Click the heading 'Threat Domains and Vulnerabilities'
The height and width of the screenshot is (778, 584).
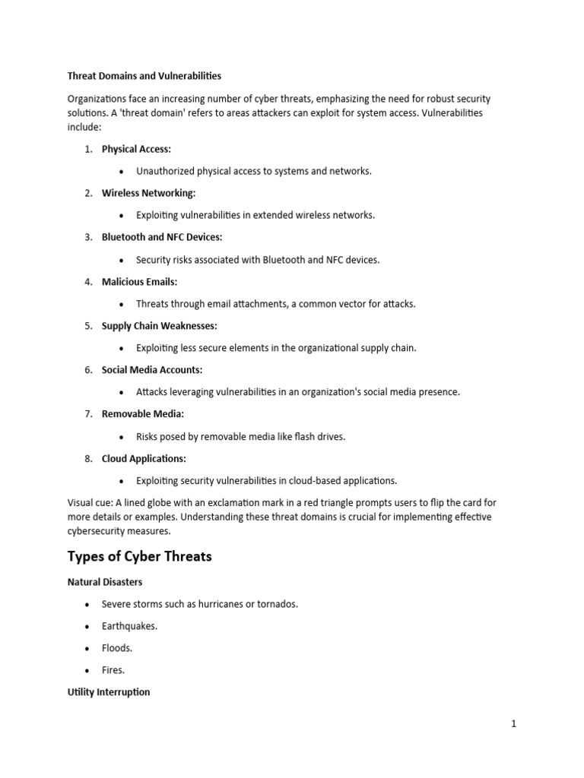coord(144,76)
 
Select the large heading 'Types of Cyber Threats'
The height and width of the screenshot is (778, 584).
coord(139,557)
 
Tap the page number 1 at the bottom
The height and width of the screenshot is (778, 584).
coord(513,724)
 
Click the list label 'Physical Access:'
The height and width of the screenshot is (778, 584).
coord(136,149)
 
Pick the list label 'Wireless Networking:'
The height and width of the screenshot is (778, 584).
coord(148,193)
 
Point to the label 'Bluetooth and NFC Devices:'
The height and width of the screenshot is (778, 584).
coord(162,237)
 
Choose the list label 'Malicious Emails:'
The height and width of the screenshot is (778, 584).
coord(139,282)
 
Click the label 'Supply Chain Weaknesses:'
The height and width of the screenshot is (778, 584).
coord(159,326)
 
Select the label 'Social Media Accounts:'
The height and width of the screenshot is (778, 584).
coord(152,370)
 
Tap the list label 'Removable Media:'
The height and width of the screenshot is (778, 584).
coord(143,414)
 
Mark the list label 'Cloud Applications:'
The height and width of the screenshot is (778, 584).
coord(144,459)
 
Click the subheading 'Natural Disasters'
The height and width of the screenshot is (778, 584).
coord(105,582)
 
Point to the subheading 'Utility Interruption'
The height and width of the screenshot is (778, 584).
coord(109,692)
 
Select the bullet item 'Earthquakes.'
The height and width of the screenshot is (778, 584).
coord(129,626)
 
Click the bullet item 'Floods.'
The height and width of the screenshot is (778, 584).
coord(117,648)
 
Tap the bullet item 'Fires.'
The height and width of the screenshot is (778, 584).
coord(113,670)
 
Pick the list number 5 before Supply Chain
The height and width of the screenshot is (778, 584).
coord(88,326)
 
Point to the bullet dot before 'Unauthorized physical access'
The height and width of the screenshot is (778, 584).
coord(122,172)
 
